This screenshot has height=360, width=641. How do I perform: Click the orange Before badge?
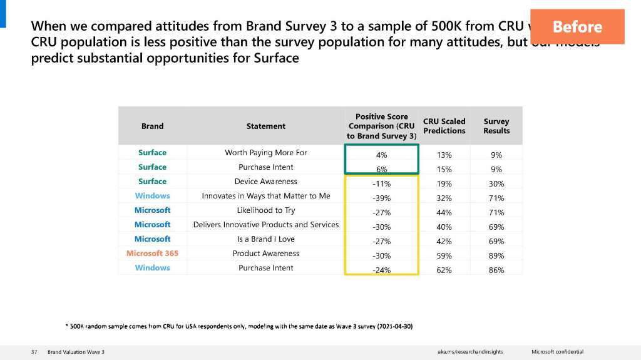coord(577,27)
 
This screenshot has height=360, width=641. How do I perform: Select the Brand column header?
coord(152,126)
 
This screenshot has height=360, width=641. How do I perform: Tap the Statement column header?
coord(266,126)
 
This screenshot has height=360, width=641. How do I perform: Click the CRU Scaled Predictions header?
coord(444,126)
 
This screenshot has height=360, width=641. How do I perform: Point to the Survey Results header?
coord(496,126)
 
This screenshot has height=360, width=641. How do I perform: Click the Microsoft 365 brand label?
coord(152,254)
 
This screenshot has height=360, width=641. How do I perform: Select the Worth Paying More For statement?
coord(266,153)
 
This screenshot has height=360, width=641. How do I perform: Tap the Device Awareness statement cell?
coord(266,182)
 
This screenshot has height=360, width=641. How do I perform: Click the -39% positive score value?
coord(381,198)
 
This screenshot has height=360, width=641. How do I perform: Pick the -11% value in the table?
coord(381,183)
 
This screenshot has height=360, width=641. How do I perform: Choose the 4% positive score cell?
coord(381,155)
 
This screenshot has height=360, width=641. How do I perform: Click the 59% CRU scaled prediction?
coord(444,255)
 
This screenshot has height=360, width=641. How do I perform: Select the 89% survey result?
coord(496,255)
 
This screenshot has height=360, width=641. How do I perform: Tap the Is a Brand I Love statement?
coord(266,239)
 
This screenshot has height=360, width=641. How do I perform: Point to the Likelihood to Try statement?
coord(266,210)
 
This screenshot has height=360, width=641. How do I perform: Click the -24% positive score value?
coord(381,270)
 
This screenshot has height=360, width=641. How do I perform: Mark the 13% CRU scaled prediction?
coord(444,155)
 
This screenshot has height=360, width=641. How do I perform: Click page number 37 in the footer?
coord(34,352)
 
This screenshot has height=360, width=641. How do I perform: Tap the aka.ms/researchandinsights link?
coord(470,352)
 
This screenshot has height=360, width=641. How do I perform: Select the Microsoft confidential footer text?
coord(557,352)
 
